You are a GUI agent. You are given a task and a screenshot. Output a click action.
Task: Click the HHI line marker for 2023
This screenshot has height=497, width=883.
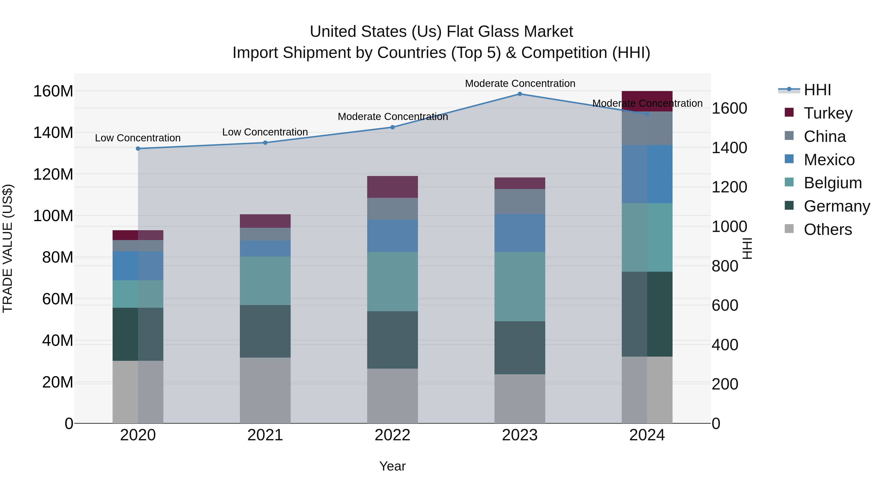coord(520,94)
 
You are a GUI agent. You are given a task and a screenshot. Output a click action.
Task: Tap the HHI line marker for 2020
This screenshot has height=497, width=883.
coord(138,148)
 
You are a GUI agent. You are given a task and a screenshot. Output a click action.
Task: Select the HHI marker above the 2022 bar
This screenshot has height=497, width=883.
coord(392,127)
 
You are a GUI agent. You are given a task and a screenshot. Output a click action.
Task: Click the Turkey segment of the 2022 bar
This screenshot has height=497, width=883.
coord(392,187)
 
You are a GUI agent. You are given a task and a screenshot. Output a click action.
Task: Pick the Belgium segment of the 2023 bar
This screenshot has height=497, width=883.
coord(520,287)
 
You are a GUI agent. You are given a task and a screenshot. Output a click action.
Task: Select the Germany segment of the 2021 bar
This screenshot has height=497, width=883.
coord(265,331)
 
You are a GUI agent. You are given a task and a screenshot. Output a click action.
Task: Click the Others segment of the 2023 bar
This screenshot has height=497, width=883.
coord(520,399)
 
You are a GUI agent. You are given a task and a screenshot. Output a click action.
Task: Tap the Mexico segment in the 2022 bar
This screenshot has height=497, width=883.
coord(392,236)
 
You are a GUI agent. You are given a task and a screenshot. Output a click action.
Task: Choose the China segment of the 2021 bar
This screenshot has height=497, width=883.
coord(265,234)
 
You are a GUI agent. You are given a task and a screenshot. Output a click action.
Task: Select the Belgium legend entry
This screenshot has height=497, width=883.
coord(832,183)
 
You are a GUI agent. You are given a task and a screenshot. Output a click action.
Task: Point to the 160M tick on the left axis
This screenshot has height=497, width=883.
coord(53,91)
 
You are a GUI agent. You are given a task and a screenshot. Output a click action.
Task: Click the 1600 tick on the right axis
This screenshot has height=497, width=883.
coord(729,108)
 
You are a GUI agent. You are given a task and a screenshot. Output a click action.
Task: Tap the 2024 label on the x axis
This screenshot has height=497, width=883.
coord(647,435)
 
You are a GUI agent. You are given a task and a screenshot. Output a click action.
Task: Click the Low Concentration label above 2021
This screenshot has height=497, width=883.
coord(265,132)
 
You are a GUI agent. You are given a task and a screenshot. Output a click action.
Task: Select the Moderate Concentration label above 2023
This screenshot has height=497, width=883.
coord(520,83)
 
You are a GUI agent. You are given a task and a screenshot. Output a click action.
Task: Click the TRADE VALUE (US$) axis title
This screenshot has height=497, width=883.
coord(8,248)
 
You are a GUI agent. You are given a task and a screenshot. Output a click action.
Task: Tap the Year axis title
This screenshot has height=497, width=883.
coord(392,466)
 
